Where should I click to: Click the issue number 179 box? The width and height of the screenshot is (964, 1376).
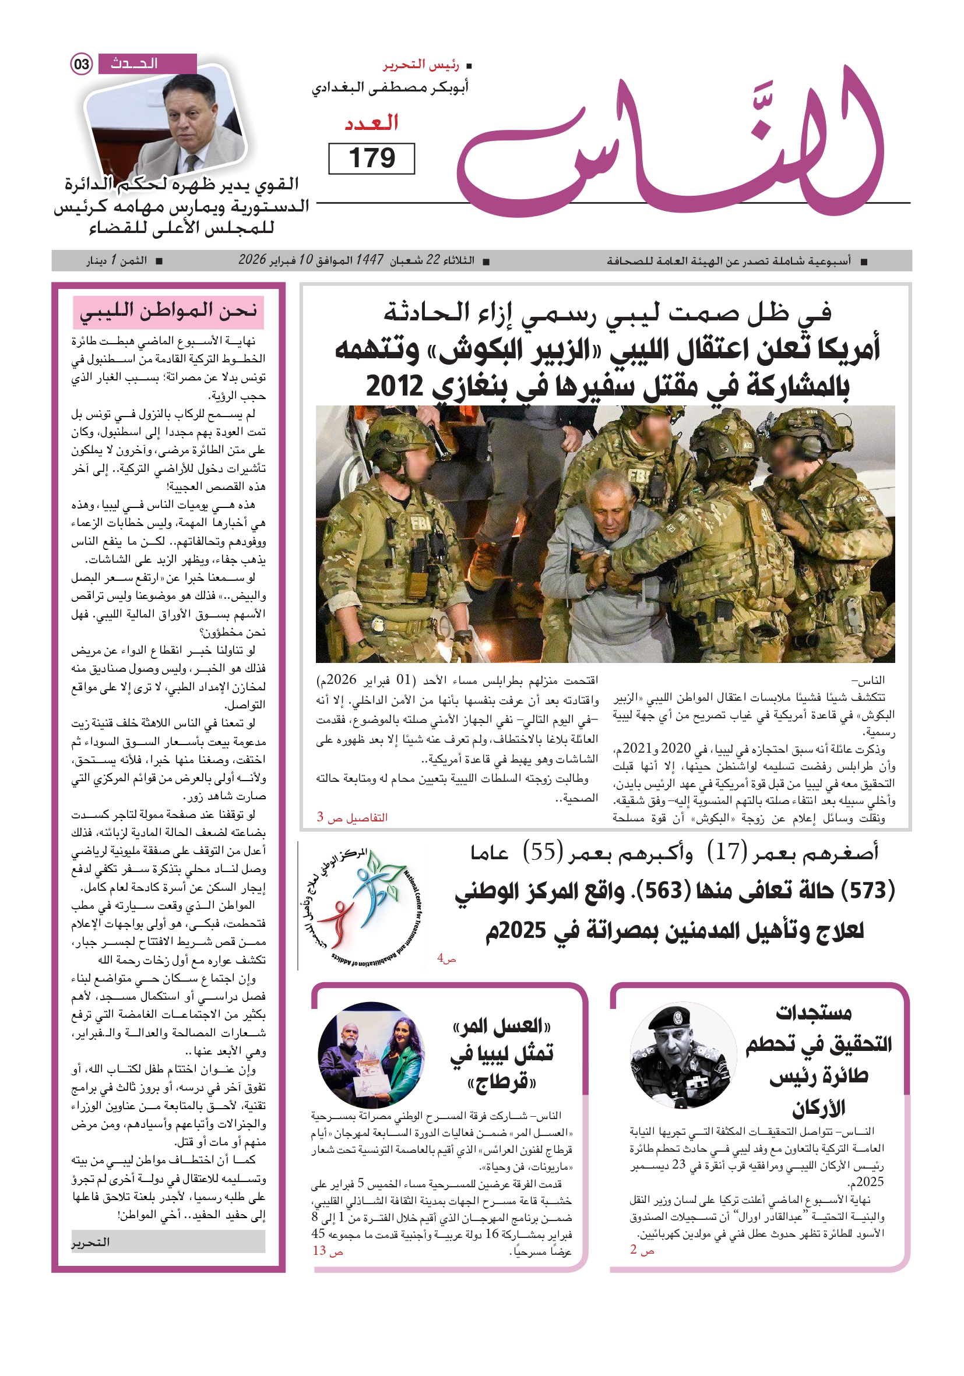coord(371,158)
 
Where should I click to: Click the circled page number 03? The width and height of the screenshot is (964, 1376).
coord(82,64)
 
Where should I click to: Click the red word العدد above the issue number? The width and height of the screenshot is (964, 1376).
coord(371,123)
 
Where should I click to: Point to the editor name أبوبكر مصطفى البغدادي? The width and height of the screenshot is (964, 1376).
coord(390,88)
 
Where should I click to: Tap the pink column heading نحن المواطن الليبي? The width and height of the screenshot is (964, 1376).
coord(168,311)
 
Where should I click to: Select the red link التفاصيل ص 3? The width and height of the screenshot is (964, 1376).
coord(353,817)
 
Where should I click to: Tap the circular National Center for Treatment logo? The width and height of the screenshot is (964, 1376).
coord(363,905)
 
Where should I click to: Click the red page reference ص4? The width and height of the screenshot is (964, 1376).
coord(446,958)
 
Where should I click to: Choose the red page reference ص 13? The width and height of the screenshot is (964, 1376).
coord(328,1250)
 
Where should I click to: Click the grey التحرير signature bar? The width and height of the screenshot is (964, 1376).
coord(168,1242)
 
